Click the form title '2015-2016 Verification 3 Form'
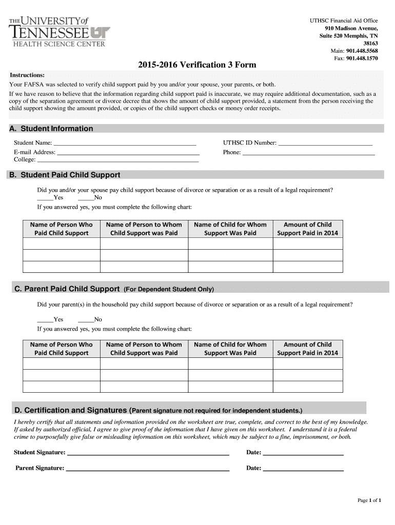pos(196,65)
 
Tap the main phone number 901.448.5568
pos(362,51)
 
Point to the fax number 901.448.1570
pos(362,58)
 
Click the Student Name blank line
pos(125,144)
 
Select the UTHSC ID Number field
pos(325,144)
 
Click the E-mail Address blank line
pos(128,152)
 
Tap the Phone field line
pos(308,152)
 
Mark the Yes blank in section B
pos(45,198)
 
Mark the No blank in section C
pos(85,319)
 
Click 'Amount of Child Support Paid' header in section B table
pos(307,229)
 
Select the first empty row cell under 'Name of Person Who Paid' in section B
pos(61,243)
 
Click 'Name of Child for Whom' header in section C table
pos(230,349)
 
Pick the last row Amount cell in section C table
pos(307,387)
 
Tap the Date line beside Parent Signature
pos(303,469)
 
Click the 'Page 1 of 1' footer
pos(369,500)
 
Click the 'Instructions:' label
pos(27,75)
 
